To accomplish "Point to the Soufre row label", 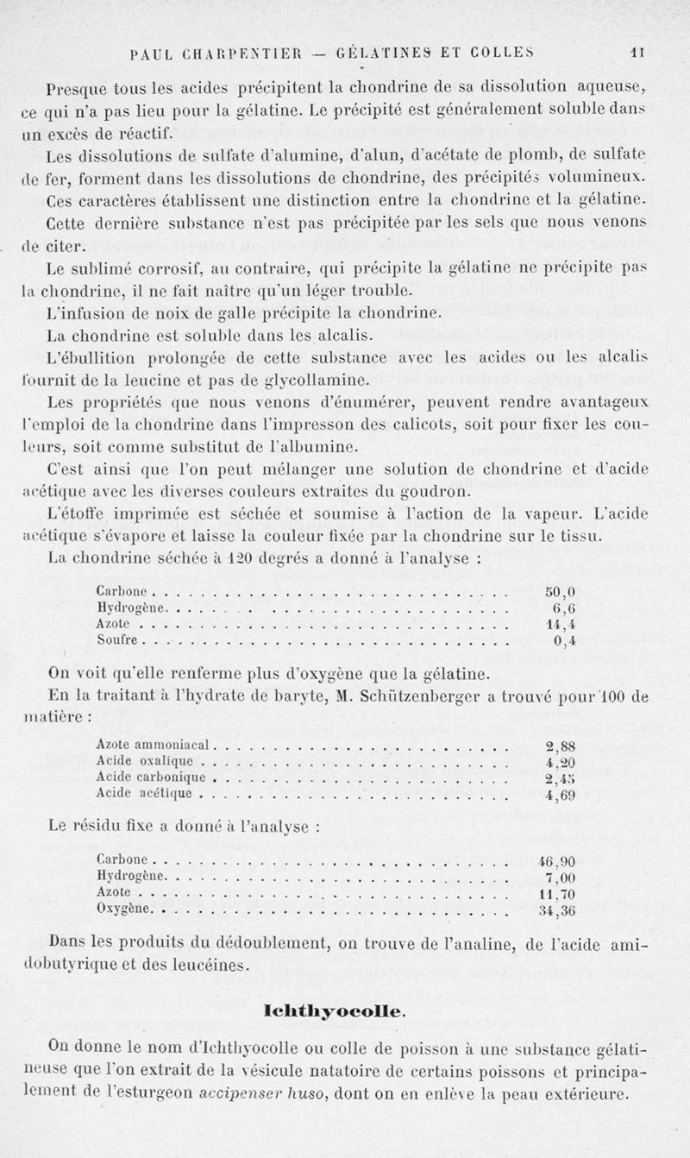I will coord(118,640).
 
